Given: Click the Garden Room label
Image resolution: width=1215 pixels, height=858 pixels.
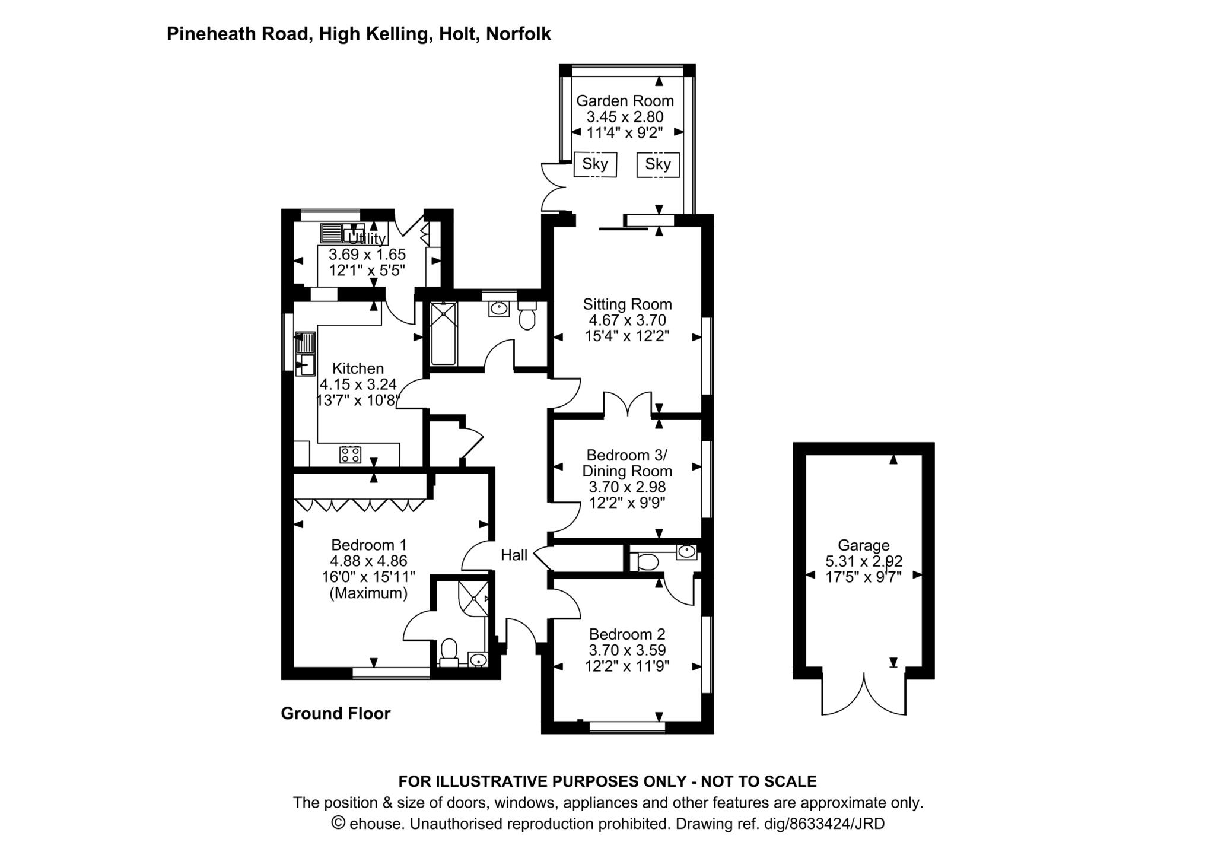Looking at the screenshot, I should tap(625, 101).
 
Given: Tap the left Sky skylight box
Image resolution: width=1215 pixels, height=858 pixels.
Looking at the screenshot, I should tap(595, 164).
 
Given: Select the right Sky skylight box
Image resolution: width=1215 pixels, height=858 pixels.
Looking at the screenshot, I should tap(657, 164).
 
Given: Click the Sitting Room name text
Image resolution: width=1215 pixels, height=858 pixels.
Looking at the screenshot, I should tap(627, 304).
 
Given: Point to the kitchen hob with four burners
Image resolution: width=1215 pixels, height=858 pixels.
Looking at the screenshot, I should tap(350, 455).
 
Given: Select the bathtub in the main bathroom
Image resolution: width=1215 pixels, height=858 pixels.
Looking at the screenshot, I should tap(443, 333).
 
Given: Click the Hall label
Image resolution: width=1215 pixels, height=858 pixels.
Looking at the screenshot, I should tap(514, 555).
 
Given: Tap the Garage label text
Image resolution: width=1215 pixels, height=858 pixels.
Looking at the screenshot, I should tap(863, 545).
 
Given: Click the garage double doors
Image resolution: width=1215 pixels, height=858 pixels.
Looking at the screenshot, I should tap(864, 694).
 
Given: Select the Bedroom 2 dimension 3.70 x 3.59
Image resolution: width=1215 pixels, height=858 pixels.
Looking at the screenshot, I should tap(627, 650).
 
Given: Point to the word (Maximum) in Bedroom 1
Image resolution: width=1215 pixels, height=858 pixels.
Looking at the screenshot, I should tap(368, 593).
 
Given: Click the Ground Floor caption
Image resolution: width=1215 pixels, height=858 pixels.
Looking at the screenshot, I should tap(335, 713).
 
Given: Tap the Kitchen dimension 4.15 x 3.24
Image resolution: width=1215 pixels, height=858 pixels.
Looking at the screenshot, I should tap(358, 384).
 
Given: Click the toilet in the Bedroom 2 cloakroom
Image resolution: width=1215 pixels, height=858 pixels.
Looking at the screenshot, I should tap(644, 561).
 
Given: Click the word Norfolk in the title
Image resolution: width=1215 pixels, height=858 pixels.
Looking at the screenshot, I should tap(518, 34).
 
